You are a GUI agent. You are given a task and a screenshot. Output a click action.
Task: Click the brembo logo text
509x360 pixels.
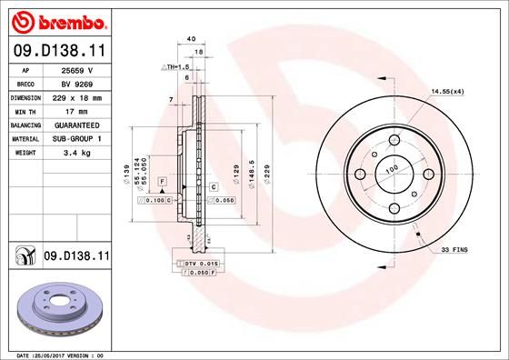[x=72, y=23]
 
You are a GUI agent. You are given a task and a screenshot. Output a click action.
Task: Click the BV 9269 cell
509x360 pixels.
[x=77, y=85]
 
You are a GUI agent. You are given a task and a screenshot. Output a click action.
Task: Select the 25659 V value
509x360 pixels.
[x=77, y=70]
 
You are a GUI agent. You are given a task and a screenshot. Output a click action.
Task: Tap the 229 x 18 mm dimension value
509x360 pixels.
[x=77, y=98]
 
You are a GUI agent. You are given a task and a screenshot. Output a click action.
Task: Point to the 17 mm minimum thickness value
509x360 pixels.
[x=76, y=112]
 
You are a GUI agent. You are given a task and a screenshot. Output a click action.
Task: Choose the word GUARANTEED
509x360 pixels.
[x=77, y=125]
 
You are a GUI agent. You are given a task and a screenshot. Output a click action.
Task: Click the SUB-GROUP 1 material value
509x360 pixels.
[x=77, y=139]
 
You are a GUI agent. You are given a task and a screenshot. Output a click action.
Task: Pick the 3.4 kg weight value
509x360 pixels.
[x=77, y=153]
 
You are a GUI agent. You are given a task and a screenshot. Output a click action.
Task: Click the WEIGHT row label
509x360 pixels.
[x=25, y=153]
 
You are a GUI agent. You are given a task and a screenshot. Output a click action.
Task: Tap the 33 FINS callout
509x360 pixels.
[x=454, y=250]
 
